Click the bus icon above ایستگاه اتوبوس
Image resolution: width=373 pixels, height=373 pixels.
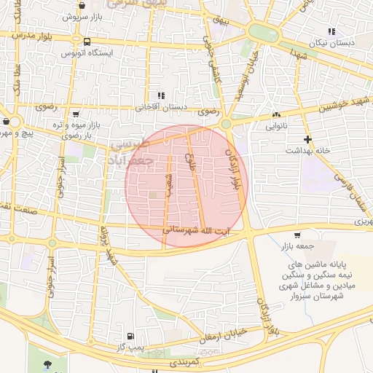tap(87, 42)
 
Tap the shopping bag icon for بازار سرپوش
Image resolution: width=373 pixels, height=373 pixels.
tap(78, 15)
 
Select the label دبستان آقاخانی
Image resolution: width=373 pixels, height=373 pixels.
tap(161, 106)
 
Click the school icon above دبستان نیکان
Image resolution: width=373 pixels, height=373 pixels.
tap(332, 31)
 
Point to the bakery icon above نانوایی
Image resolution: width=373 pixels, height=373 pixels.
tap(276, 115)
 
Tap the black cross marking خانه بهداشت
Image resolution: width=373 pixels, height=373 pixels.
tap(307, 138)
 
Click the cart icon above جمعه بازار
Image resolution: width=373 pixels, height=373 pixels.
tap(297, 235)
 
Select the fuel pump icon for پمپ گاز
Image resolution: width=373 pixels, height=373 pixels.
tap(130, 336)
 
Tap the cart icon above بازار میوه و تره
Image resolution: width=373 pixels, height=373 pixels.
tap(76, 114)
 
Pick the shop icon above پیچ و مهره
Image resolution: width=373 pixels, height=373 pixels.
tap(7, 122)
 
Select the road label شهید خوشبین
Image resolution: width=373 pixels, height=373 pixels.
tap(343, 107)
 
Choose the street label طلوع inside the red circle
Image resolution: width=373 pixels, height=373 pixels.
tap(191, 160)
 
